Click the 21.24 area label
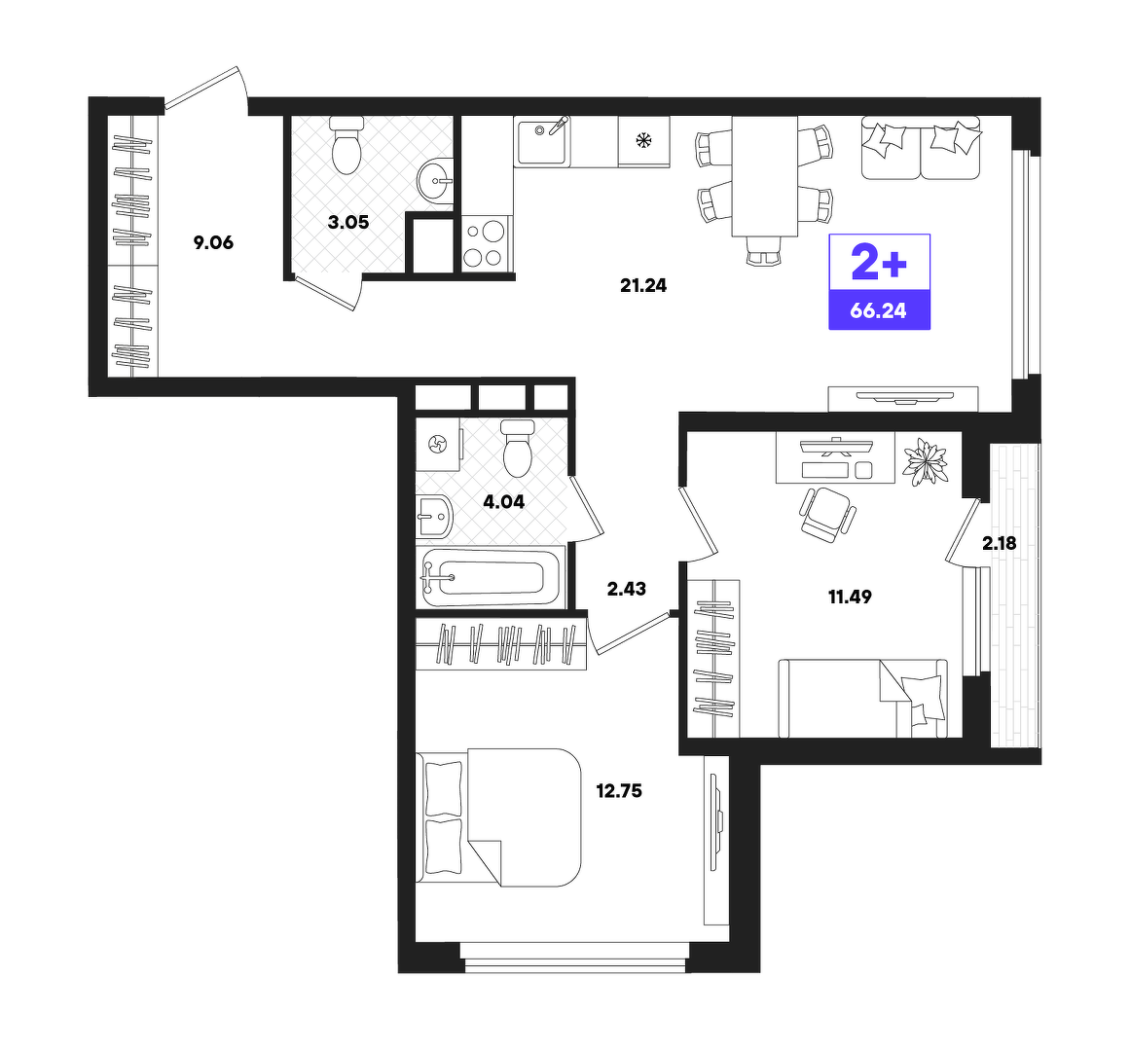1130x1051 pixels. (642, 286)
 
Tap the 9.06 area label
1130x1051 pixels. (213, 242)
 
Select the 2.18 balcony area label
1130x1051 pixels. (999, 543)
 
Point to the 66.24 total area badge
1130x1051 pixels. (879, 310)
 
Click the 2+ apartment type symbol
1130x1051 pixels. (879, 262)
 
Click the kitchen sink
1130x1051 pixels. (542, 140)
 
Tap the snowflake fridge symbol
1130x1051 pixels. (642, 140)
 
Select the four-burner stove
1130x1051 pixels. (485, 243)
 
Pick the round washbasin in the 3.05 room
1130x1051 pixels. (435, 180)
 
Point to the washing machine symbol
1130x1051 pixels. (438, 445)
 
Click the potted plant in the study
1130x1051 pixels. (926, 461)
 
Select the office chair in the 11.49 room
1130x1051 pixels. (827, 515)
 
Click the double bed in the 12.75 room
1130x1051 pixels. (498, 817)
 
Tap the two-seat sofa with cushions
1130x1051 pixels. (921, 148)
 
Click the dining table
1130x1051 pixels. (765, 176)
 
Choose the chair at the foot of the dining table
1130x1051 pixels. (764, 251)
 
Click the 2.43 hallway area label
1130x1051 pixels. (626, 590)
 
